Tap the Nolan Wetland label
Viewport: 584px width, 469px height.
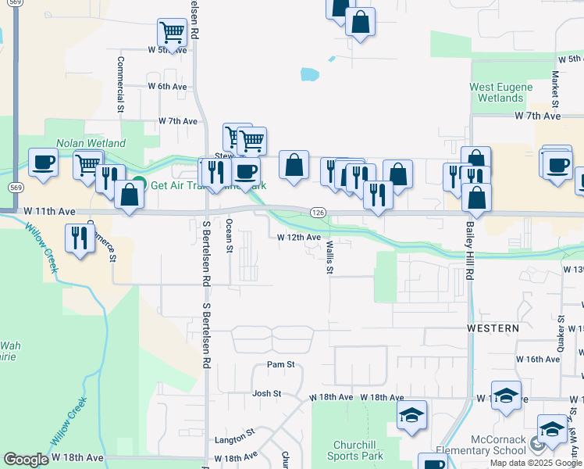click(91, 144)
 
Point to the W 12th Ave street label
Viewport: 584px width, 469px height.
click(299, 237)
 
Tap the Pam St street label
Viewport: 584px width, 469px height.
click(280, 364)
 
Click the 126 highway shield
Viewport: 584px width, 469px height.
click(317, 213)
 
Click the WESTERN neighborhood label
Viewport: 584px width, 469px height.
click(493, 328)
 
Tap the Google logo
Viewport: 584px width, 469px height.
click(26, 460)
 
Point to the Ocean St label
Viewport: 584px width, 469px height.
click(229, 235)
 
